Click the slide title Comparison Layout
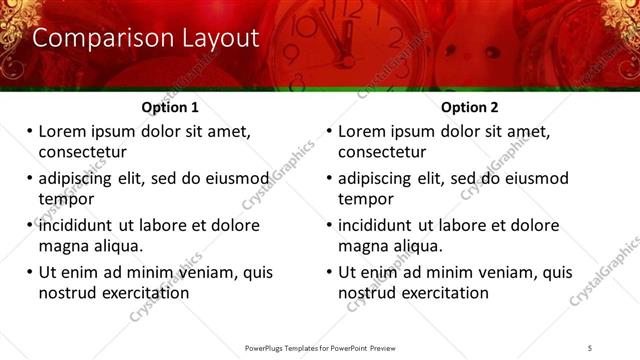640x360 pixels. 145,39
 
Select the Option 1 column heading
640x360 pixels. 170,107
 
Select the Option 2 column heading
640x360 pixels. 469,107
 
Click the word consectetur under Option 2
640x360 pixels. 382,152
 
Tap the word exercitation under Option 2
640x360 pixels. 440,293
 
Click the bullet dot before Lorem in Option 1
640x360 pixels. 29,132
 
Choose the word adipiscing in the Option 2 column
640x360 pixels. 381,178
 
